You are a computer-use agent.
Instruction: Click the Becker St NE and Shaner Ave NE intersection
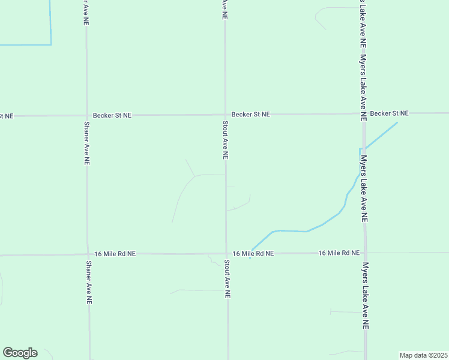coord(86,115)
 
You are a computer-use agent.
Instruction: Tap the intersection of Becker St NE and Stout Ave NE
coord(225,114)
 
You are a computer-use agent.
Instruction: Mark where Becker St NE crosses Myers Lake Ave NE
coord(363,113)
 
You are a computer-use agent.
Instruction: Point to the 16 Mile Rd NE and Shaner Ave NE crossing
coord(88,254)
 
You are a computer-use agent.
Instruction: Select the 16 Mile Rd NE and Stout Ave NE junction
coord(226,253)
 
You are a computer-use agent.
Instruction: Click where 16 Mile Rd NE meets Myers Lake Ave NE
coord(364,253)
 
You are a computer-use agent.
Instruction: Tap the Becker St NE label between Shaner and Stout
coord(112,115)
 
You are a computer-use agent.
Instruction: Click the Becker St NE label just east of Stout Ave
coord(251,114)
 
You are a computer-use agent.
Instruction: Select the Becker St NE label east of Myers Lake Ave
coord(389,113)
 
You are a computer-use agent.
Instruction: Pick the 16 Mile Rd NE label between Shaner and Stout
coord(115,254)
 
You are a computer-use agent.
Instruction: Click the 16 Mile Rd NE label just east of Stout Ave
coord(253,254)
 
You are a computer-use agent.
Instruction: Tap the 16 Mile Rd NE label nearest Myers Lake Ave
coord(339,253)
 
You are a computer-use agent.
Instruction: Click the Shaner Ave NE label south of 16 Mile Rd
coord(88,283)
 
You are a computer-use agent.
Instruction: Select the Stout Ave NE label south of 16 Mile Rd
coord(227,279)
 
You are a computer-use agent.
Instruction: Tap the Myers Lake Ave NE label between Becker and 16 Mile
coord(364,189)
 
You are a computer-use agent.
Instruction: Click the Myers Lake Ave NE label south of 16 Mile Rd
coord(365,295)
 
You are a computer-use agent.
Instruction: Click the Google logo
coord(20,353)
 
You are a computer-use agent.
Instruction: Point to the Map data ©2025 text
coord(423,355)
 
